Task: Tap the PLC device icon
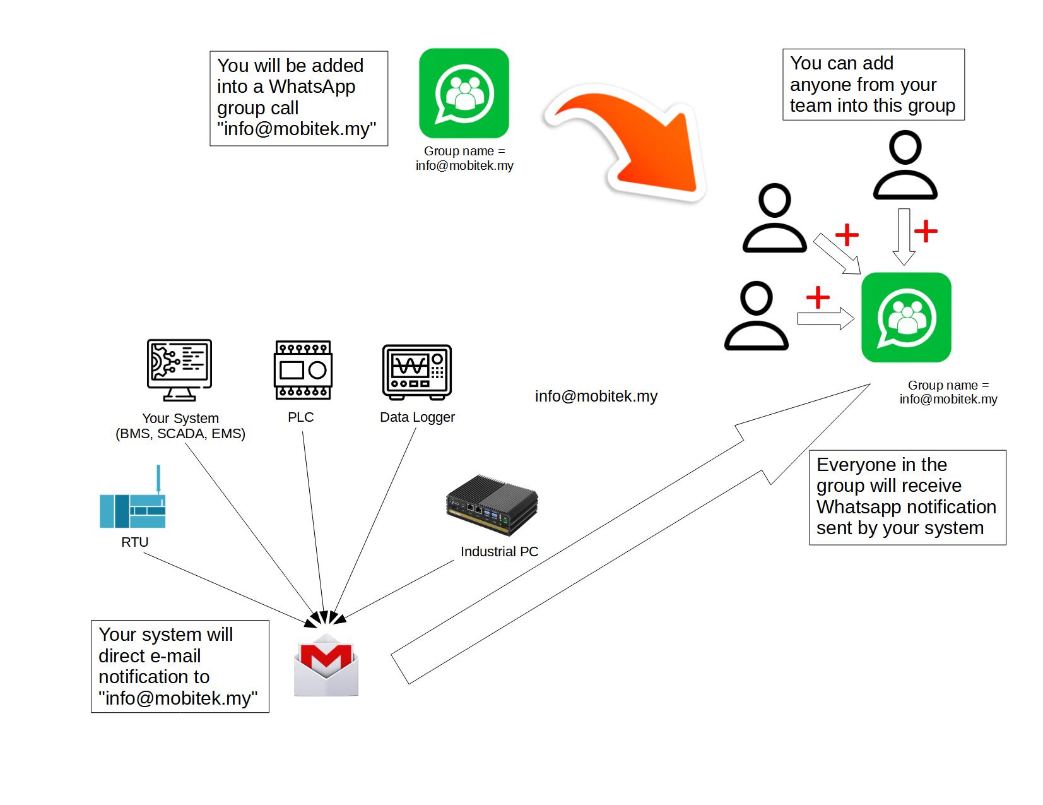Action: [x=303, y=370]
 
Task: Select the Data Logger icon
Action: [x=417, y=372]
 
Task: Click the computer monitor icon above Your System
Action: [x=179, y=369]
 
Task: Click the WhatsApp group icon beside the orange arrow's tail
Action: [x=464, y=93]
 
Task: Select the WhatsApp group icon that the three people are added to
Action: [x=906, y=318]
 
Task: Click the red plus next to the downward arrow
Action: [x=926, y=231]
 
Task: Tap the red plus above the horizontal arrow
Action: [x=818, y=297]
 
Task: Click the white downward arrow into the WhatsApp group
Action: [x=904, y=237]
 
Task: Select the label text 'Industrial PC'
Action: [x=499, y=552]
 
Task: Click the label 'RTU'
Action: [x=134, y=542]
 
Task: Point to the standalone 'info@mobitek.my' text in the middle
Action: [x=596, y=397]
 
